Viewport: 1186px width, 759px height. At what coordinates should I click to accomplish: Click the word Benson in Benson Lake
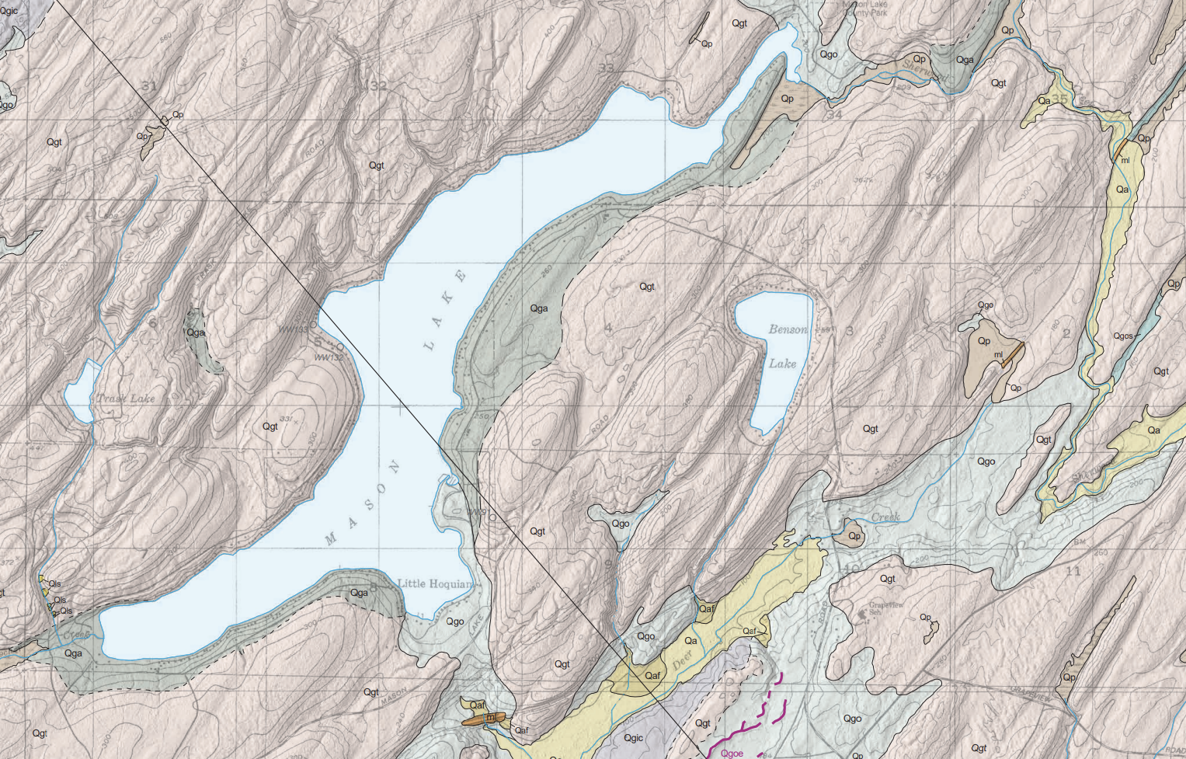(788, 329)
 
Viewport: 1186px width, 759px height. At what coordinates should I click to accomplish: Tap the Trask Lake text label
(126, 399)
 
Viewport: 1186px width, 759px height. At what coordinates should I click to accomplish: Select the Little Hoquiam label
(434, 583)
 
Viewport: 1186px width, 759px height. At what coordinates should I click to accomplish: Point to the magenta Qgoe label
(732, 753)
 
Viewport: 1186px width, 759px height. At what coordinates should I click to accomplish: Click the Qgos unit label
(1123, 336)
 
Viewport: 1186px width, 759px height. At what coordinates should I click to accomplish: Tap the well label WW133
(293, 329)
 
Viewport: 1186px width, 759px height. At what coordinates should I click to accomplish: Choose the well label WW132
(329, 357)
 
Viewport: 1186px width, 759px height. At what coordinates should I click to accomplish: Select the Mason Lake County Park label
(865, 9)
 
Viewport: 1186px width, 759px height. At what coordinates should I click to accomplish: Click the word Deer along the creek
(681, 661)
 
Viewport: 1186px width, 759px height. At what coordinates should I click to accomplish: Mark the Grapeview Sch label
(886, 608)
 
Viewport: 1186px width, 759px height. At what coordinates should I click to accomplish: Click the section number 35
(1060, 99)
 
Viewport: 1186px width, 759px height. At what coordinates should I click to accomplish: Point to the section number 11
(1073, 572)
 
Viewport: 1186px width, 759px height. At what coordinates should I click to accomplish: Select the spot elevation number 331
(286, 420)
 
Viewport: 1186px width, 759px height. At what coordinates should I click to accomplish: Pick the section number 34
(834, 115)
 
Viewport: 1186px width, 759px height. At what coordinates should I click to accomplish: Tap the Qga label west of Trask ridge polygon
(196, 332)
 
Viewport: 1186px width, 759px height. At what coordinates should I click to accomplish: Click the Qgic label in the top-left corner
(9, 11)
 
